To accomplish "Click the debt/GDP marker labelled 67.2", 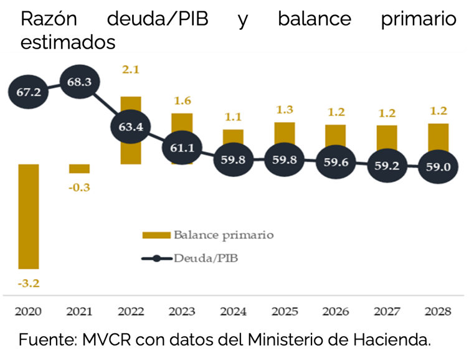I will pyautogui.click(x=27, y=92).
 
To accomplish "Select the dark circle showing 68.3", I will pyautogui.click(x=79, y=82).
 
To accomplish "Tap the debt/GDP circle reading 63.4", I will pyautogui.click(x=130, y=127).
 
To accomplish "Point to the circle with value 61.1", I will pyautogui.click(x=182, y=147).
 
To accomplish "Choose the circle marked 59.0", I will pyautogui.click(x=438, y=166).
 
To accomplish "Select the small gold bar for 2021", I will pyautogui.click(x=79, y=169).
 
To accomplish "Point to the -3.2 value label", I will pyautogui.click(x=28, y=284).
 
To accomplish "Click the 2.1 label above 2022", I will pyautogui.click(x=130, y=70).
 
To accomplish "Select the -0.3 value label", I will pyautogui.click(x=79, y=188).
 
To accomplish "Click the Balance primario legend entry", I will pyautogui.click(x=209, y=235).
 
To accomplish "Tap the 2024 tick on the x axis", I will pyautogui.click(x=233, y=311).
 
